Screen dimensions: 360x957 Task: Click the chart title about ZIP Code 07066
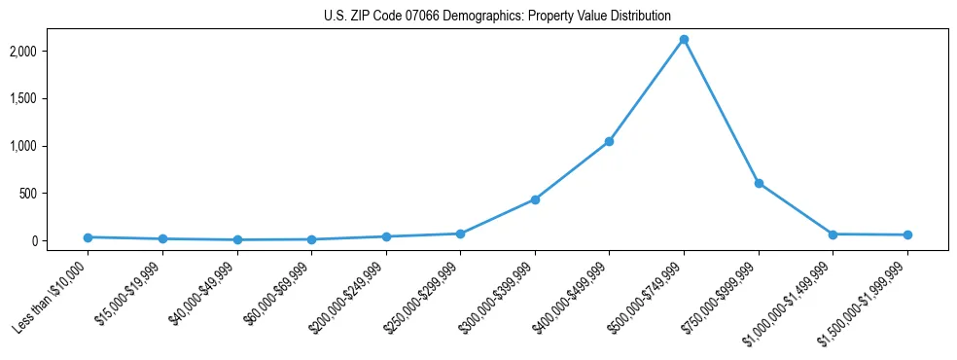(497, 17)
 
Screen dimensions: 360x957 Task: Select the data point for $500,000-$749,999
(684, 40)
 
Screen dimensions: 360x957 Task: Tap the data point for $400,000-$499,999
(609, 142)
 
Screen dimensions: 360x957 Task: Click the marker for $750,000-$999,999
(759, 183)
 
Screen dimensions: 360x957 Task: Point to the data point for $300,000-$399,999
(535, 199)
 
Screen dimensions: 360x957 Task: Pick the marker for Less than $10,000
(88, 237)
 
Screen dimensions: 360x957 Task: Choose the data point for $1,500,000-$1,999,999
(907, 234)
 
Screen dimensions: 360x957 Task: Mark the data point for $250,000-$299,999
(460, 234)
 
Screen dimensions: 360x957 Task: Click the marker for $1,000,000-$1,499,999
(833, 234)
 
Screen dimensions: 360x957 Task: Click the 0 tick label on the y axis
(59, 241)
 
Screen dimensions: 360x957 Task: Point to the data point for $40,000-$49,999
(236, 239)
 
